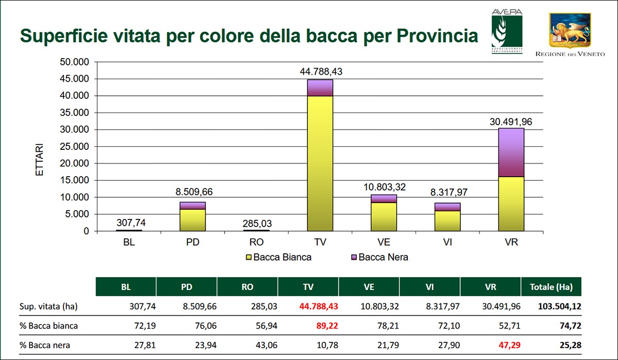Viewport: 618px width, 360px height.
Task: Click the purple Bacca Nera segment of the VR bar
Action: tap(511, 152)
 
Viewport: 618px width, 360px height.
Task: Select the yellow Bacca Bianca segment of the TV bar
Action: tap(320, 163)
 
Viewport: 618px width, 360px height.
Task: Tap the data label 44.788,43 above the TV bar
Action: tap(321, 72)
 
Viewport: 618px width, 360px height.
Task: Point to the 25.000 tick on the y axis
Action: tap(75, 146)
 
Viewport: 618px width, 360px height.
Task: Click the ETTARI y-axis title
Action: tap(40, 160)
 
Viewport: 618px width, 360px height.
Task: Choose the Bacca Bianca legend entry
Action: tap(279, 257)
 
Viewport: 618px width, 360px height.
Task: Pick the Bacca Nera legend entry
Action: tap(380, 257)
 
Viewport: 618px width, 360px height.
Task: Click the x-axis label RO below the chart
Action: tap(256, 242)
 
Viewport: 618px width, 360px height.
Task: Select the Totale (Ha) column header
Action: tap(551, 287)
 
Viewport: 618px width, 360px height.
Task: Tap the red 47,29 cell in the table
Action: tap(509, 345)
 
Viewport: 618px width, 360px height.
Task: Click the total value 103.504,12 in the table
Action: tap(559, 306)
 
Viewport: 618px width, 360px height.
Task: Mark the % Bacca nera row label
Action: tap(45, 345)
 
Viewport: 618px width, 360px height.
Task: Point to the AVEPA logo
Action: tap(507, 31)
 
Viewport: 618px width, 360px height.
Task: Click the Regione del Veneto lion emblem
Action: tap(570, 30)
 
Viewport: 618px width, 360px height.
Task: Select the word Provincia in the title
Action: tap(437, 36)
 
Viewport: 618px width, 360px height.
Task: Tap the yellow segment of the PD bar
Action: tap(193, 220)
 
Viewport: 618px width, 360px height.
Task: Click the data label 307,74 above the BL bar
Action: tap(131, 222)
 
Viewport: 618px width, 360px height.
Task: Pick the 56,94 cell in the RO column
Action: tap(266, 326)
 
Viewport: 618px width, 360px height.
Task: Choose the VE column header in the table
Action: tap(369, 287)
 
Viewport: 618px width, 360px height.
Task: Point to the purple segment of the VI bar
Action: tap(448, 207)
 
